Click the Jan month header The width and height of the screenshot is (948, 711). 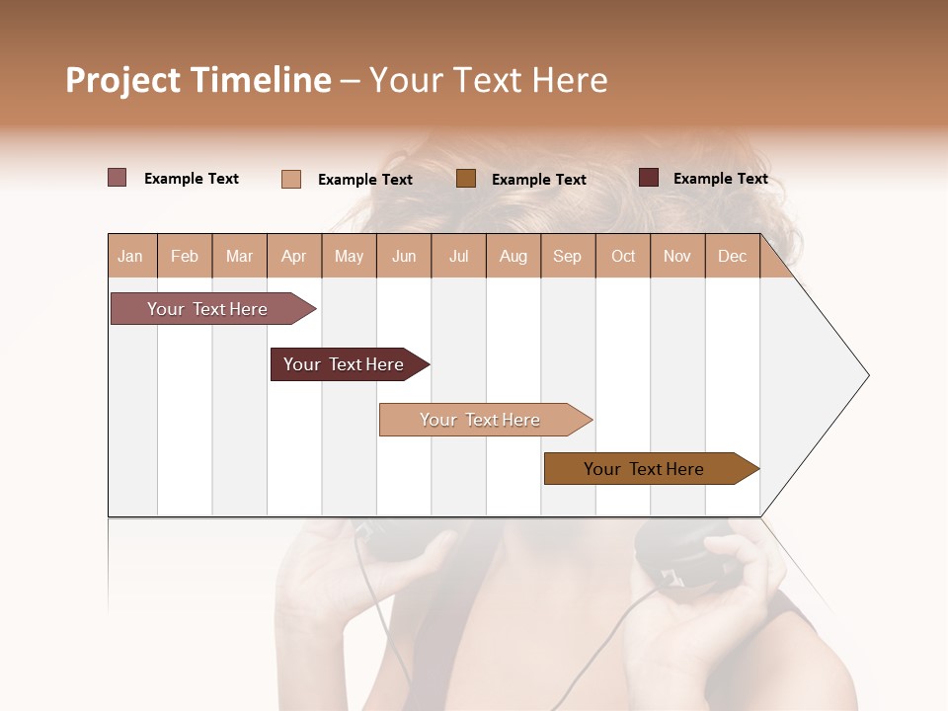point(131,256)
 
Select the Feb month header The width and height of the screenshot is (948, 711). point(185,256)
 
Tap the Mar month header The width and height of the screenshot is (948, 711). point(239,256)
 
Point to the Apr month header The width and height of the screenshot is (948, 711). point(294,256)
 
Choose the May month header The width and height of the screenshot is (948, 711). point(349,256)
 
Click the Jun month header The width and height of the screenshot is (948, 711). point(404,256)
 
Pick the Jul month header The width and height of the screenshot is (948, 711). point(458,256)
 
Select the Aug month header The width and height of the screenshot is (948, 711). point(513,256)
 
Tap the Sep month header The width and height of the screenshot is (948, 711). point(568,256)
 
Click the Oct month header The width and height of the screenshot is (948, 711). point(623,256)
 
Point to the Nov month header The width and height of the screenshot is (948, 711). point(677,256)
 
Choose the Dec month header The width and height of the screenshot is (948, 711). point(732,256)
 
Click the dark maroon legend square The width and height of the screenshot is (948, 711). point(649,178)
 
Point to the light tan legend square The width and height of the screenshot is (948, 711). point(291,179)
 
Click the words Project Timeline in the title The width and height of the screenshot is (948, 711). point(198,80)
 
